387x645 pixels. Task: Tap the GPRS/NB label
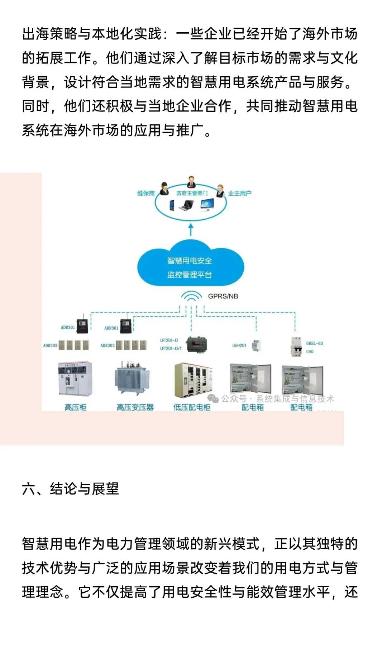[x=223, y=296]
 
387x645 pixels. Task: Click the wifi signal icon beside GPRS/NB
[x=191, y=297]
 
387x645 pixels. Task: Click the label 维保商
[x=146, y=193]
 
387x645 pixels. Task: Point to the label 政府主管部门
[x=192, y=193]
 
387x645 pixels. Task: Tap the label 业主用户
[x=240, y=193]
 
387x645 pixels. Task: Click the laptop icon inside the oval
[x=187, y=205]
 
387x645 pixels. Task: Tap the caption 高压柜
[x=75, y=407]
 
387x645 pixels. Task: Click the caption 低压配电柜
[x=192, y=407]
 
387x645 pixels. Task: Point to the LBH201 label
[x=239, y=345]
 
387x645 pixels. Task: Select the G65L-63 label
[x=314, y=343]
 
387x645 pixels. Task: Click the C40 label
[x=310, y=352]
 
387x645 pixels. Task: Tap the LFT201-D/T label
[x=171, y=348]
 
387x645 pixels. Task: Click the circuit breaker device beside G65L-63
[x=296, y=347]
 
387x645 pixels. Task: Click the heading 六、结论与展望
[x=70, y=489]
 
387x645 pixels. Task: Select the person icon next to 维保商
[x=164, y=189]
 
